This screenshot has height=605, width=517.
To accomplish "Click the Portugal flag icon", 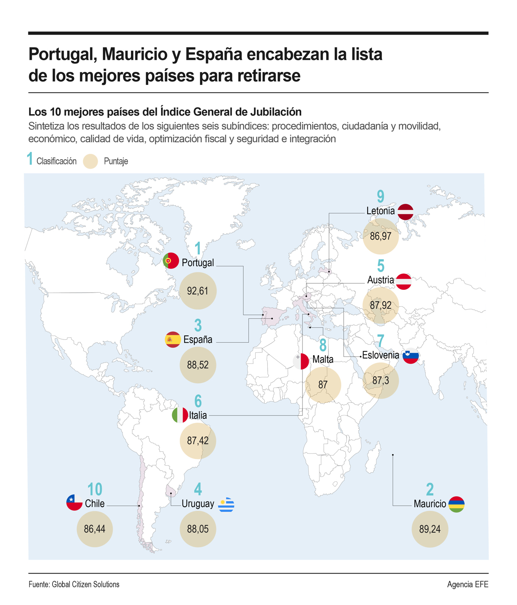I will coord(171,261).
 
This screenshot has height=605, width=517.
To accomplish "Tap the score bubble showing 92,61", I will coord(198,291).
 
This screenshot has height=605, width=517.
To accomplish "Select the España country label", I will coord(198,339).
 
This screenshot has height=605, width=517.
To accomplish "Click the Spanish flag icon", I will coord(173,339).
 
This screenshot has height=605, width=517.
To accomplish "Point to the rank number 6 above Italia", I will coord(198,401).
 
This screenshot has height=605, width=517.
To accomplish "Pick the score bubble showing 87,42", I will coord(198,441).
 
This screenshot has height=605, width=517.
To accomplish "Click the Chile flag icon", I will coord(74,502).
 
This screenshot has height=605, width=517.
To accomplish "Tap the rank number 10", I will coord(95,489).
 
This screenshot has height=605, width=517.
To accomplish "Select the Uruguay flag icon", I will coord(226,504).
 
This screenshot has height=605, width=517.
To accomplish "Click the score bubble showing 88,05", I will coord(198,529).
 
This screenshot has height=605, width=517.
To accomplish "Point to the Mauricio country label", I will coord(430,504).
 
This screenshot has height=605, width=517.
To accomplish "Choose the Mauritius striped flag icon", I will coord(456,504).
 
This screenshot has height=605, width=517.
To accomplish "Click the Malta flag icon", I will coord(301,361).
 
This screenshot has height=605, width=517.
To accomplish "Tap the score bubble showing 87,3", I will coord(381,381).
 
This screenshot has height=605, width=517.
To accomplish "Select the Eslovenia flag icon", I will coord(411,356).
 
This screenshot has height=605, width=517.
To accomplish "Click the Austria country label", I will coord(380,280).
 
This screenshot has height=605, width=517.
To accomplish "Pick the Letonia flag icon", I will coord(406,212).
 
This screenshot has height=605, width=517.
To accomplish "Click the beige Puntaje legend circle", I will coord(90,161).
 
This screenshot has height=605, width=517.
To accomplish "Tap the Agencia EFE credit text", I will coord(468,584).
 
